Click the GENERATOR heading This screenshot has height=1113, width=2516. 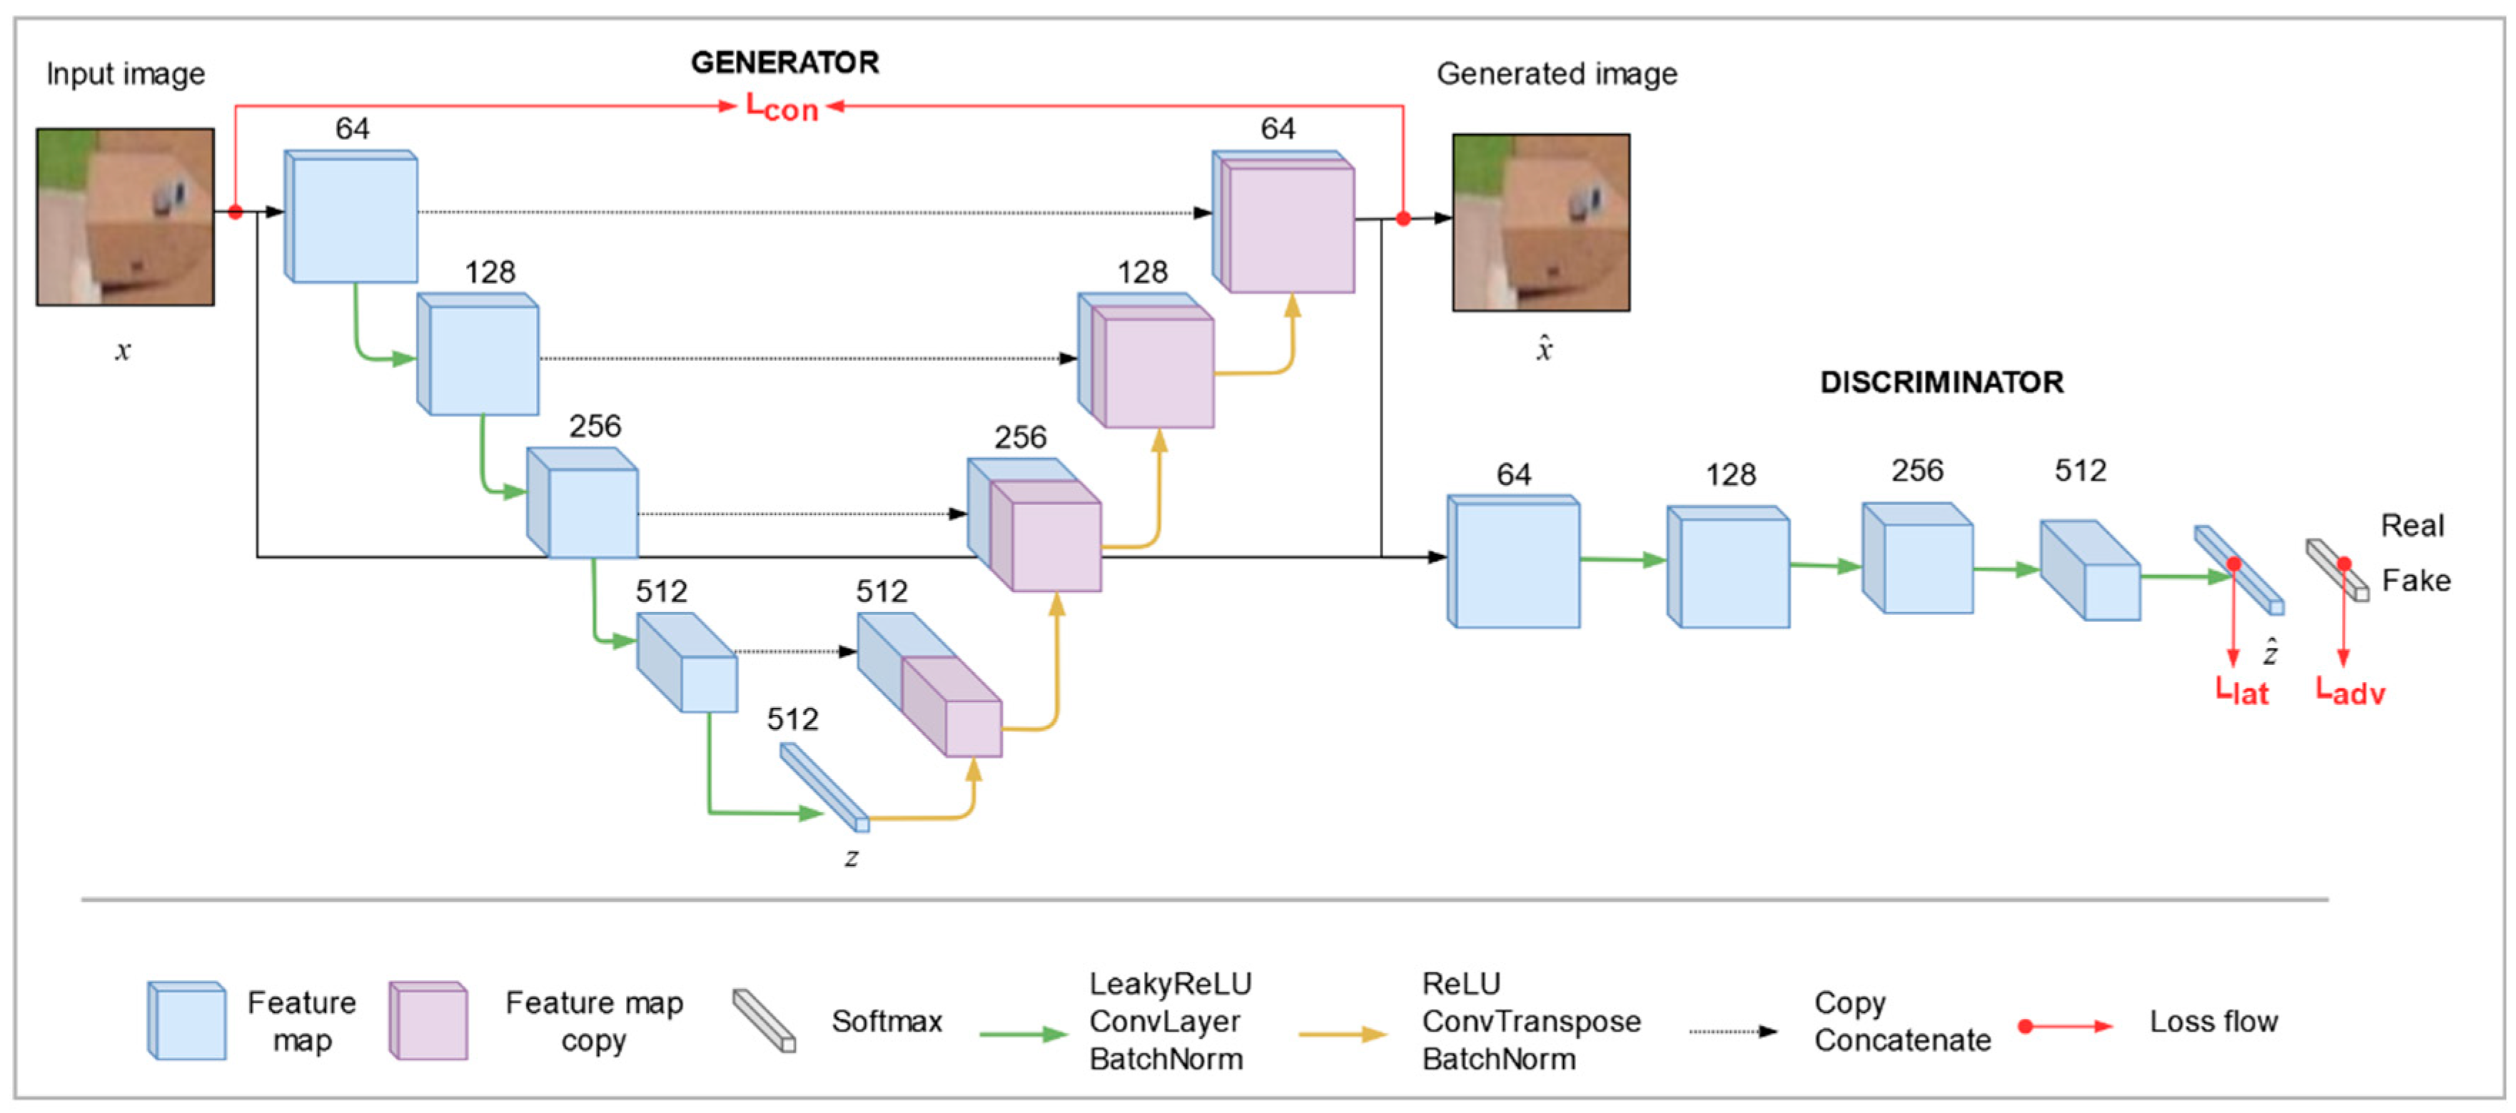point(784,63)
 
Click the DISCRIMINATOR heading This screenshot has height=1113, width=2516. point(1941,382)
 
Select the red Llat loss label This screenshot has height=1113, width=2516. point(2241,692)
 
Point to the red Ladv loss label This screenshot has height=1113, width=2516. point(2350,692)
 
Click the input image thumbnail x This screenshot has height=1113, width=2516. point(125,217)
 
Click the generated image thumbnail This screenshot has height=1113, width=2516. point(1540,223)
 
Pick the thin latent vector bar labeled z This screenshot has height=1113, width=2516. point(824,787)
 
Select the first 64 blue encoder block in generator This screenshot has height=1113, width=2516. point(352,217)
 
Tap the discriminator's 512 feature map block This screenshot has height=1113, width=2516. point(2090,571)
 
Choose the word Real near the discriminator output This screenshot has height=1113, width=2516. point(2412,525)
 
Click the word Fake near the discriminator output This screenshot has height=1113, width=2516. point(2415,581)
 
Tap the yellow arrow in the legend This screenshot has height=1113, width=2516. point(1342,1034)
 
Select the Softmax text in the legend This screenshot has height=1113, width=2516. point(886,1021)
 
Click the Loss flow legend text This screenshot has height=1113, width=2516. point(2213,1021)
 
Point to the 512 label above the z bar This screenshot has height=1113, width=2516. point(792,720)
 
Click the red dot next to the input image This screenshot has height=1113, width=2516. point(236,212)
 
